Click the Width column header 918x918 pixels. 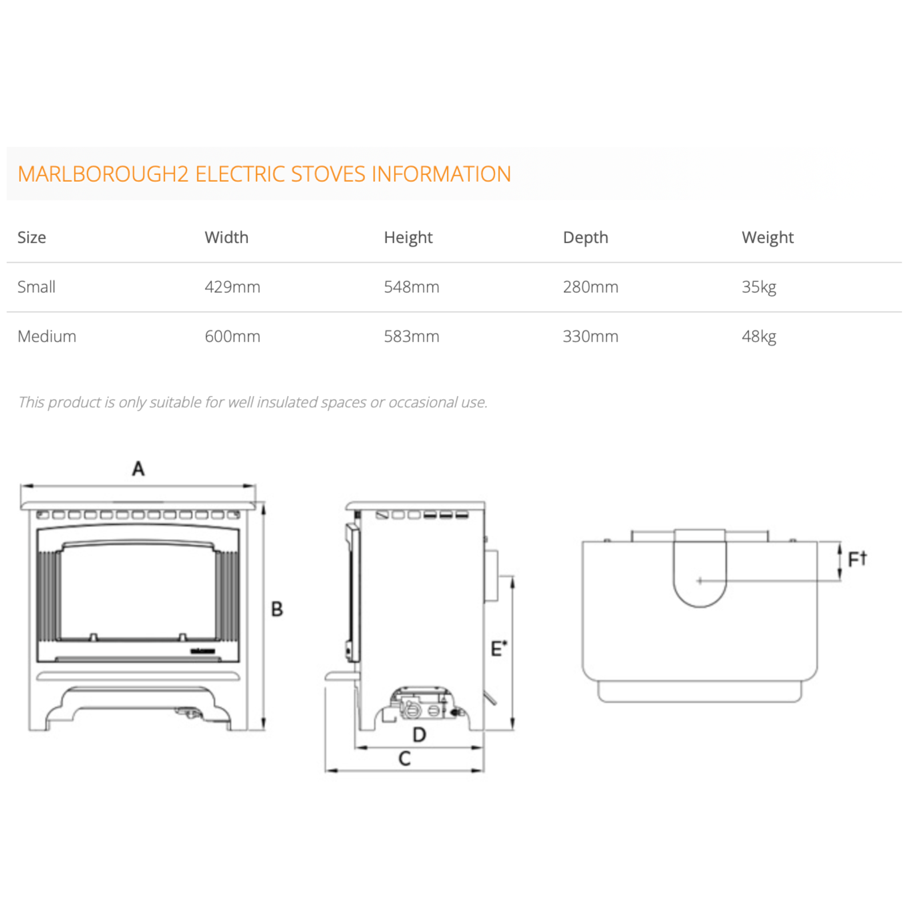(227, 237)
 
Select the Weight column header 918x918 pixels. (767, 238)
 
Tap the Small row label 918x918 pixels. (36, 286)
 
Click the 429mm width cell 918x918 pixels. (232, 287)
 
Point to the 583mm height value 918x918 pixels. (412, 336)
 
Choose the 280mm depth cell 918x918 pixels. (591, 287)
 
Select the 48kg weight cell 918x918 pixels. (759, 337)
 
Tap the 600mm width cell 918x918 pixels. (232, 336)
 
